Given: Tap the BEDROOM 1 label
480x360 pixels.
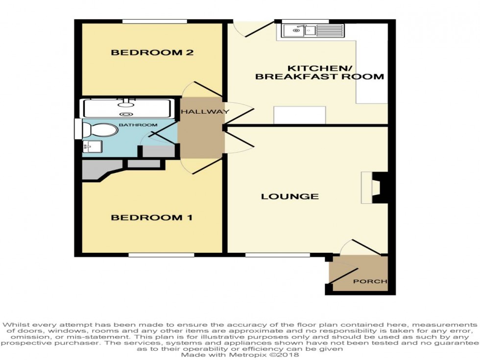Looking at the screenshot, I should click(151, 217).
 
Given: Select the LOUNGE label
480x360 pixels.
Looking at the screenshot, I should click(290, 196).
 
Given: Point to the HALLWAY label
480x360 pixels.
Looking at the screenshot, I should click(205, 112).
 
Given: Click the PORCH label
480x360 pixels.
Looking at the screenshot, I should click(370, 282).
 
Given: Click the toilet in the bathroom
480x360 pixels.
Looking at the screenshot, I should click(98, 130).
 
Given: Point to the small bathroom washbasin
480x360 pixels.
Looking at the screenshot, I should click(92, 146).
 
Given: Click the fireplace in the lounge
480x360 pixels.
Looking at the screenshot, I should click(378, 188).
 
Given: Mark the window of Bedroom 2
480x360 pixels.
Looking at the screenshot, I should click(154, 22).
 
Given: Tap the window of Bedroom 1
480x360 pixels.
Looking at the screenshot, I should click(161, 255).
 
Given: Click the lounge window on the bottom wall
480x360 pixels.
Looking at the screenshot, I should click(277, 255).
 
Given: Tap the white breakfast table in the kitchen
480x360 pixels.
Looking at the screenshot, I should click(299, 115).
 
